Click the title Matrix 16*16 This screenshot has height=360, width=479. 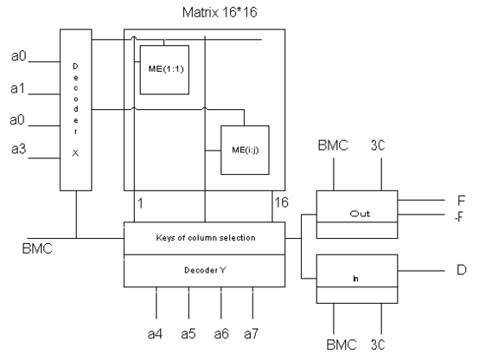coord(220,12)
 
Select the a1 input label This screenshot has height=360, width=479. coord(17,88)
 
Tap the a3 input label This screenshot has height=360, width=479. coord(19,149)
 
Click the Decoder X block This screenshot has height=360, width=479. coord(76,110)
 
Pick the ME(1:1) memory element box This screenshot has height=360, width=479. coord(164,70)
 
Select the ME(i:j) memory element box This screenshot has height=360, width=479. coord(245,151)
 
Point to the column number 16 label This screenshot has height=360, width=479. coord(281,202)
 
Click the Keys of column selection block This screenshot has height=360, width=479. coord(204,238)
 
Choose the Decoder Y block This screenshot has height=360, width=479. coord(204,271)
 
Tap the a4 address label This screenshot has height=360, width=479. coord(155,334)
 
